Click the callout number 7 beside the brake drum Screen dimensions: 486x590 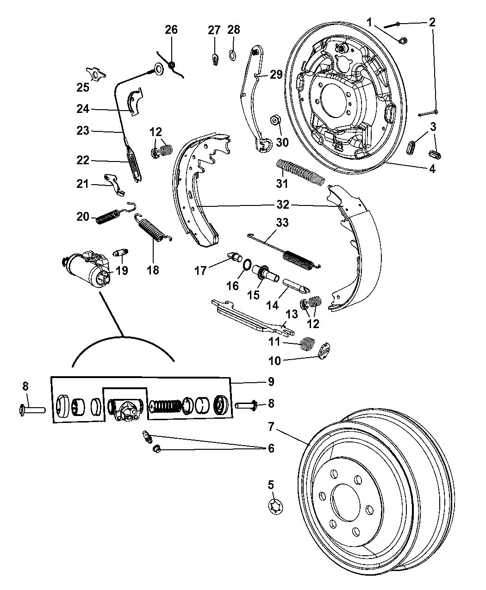271,426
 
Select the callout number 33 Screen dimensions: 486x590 282,223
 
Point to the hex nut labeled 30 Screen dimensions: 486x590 275,120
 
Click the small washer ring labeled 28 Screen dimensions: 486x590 232,55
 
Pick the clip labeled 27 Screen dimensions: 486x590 215,59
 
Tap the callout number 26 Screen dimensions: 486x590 171,30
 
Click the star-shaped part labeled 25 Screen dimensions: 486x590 95,74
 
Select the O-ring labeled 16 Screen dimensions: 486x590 247,265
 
